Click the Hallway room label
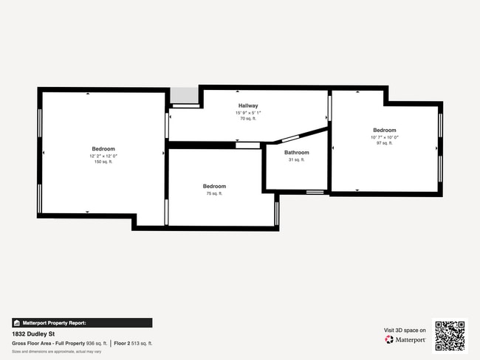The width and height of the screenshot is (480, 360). (x=247, y=106)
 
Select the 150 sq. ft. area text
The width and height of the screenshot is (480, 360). (x=103, y=162)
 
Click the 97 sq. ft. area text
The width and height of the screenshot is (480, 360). (x=385, y=142)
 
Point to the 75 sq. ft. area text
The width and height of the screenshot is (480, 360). (x=214, y=193)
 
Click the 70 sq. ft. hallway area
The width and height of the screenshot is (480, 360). (x=247, y=118)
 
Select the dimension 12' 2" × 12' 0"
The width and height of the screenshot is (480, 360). (x=103, y=156)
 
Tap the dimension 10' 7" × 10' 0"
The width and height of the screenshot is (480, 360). (x=385, y=136)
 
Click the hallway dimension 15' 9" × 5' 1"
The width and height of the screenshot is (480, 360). (x=247, y=112)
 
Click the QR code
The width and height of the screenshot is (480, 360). (x=450, y=335)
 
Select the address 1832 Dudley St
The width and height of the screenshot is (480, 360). (x=33, y=333)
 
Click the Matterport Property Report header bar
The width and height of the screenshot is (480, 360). (x=82, y=322)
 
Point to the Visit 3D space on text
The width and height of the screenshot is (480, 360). (x=405, y=330)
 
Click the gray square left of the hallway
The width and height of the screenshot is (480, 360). (x=185, y=96)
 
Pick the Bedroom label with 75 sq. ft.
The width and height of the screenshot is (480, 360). (x=214, y=187)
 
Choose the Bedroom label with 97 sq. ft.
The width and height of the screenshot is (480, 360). (x=385, y=130)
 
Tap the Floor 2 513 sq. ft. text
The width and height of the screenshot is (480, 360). (x=133, y=343)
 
